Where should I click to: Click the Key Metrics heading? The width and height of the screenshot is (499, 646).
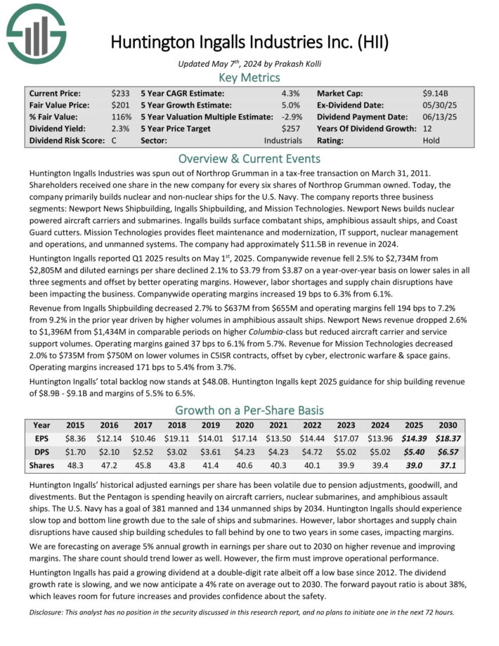(249, 78)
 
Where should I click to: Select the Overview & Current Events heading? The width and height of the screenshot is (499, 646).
(249, 158)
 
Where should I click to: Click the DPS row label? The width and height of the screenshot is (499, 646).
(41, 453)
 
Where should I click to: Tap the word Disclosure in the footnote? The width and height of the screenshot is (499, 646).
(51, 612)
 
